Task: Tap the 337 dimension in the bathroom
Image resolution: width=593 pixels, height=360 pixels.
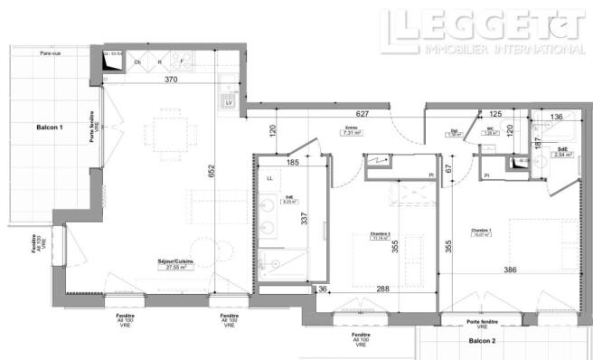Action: point(306,219)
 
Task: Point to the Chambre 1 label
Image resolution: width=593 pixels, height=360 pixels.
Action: point(481,231)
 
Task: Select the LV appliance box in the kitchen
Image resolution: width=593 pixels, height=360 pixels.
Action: point(228,103)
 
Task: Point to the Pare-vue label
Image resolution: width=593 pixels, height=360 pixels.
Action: point(39,54)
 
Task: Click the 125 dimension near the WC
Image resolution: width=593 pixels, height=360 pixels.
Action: point(495,115)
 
